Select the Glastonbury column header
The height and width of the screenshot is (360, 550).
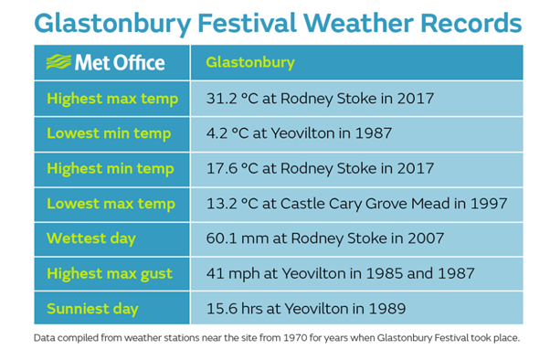pyautogui.click(x=249, y=63)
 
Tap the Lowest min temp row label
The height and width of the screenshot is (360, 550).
pyautogui.click(x=109, y=133)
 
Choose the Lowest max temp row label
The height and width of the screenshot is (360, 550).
pyautogui.click(x=110, y=204)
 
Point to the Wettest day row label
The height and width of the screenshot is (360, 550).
pyautogui.click(x=91, y=238)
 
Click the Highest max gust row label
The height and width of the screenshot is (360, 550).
pyautogui.click(x=112, y=273)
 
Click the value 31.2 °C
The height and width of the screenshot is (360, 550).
pyautogui.click(x=227, y=98)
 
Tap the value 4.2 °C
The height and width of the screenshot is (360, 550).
pyautogui.click(x=224, y=133)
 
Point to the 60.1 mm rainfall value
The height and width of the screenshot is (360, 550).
pyautogui.click(x=233, y=238)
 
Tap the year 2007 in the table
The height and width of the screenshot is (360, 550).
pyautogui.click(x=426, y=238)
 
